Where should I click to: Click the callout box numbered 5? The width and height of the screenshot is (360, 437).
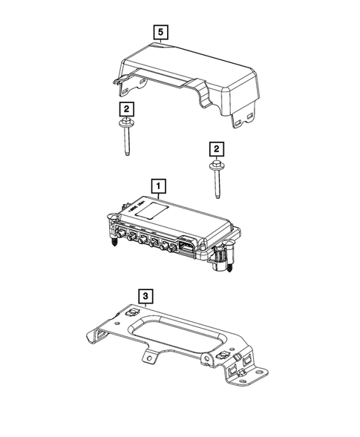160,33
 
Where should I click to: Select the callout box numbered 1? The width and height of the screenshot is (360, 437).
158,184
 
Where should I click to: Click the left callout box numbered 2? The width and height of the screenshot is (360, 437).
127,109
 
